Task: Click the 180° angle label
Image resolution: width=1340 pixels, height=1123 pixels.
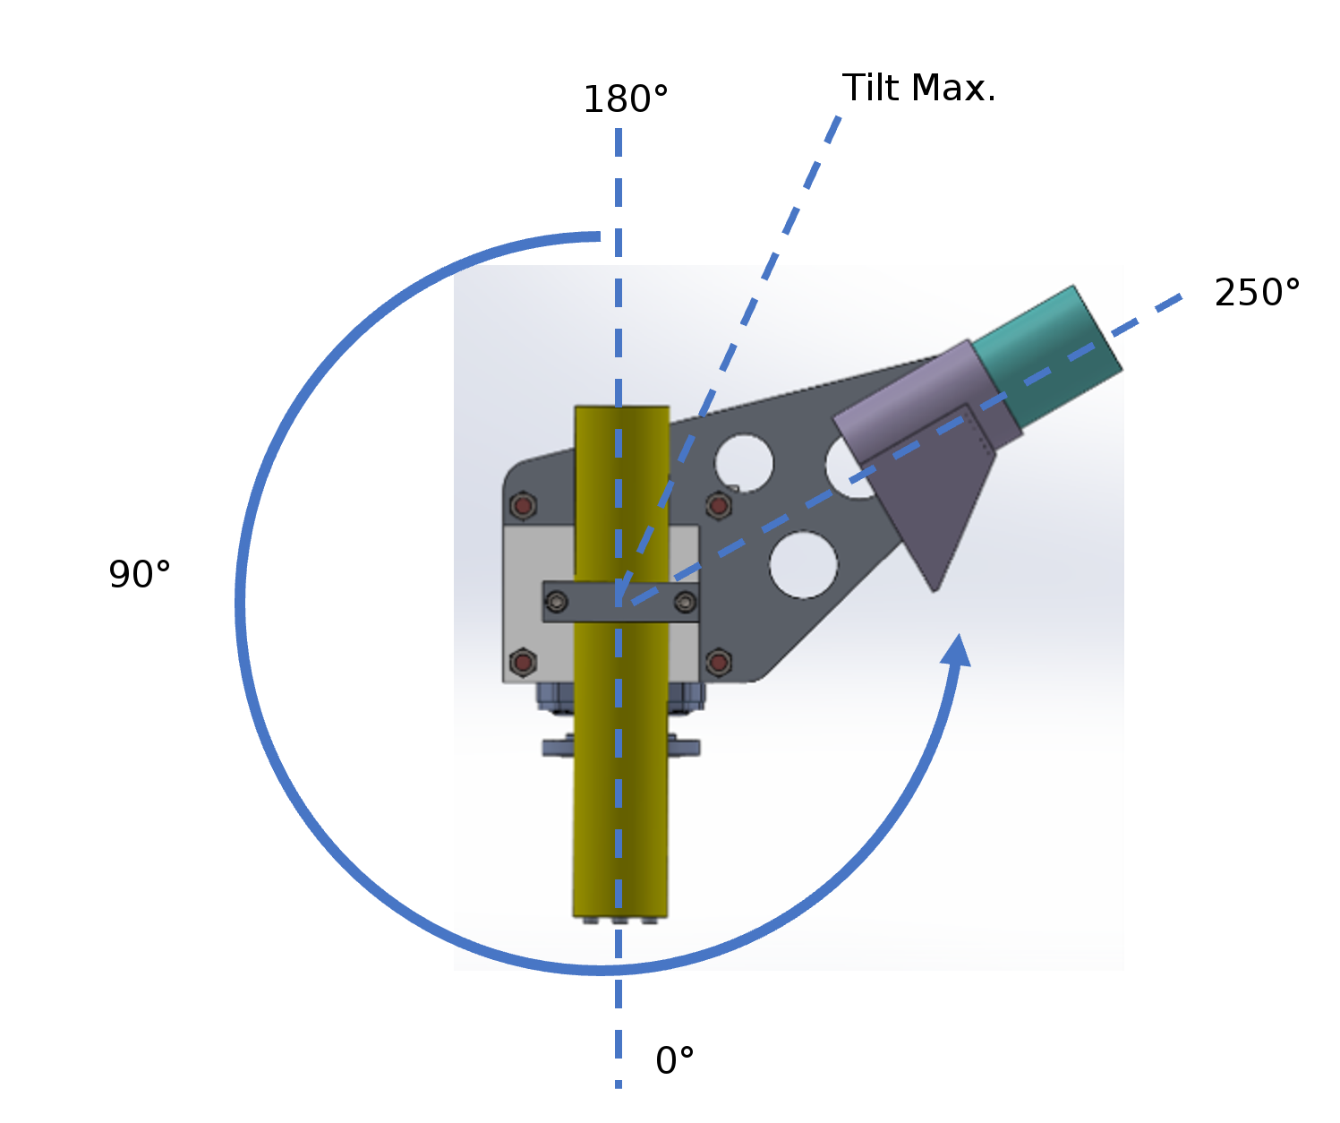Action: click(x=626, y=99)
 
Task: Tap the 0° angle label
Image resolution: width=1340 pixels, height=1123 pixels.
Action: click(x=674, y=1061)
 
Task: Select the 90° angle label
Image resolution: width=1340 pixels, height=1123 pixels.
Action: click(x=140, y=574)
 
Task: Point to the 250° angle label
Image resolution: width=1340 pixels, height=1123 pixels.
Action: click(x=1257, y=293)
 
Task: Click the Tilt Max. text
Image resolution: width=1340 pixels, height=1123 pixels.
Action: click(x=918, y=89)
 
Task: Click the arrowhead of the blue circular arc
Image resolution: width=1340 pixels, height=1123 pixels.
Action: click(x=958, y=648)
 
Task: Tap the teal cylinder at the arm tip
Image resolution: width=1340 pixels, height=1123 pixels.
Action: click(x=1047, y=356)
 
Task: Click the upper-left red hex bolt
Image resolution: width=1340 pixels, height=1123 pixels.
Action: click(x=523, y=506)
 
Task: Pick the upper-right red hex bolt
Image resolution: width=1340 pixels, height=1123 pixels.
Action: click(x=718, y=506)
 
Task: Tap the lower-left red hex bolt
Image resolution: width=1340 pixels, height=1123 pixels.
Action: click(x=523, y=663)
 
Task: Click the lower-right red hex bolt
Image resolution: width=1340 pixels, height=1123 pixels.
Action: click(x=718, y=663)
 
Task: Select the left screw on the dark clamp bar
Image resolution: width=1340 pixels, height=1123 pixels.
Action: click(x=557, y=603)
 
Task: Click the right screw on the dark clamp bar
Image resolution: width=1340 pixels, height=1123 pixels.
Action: click(x=686, y=603)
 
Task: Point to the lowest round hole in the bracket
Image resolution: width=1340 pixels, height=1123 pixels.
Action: click(x=803, y=564)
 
